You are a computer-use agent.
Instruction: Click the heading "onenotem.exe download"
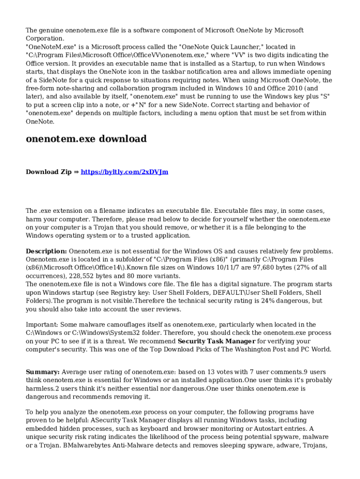pos(86,139)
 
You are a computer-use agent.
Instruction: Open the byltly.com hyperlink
pos(124,172)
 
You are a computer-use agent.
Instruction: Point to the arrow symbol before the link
pos(76,172)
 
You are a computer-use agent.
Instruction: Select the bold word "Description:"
pos(46,251)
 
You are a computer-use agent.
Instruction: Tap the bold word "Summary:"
pos(43,372)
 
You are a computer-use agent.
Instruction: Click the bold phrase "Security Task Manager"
pos(216,341)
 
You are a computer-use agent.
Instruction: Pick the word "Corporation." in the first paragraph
pos(45,39)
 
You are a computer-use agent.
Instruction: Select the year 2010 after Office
pos(290,88)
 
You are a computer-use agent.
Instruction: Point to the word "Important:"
pos(42,325)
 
